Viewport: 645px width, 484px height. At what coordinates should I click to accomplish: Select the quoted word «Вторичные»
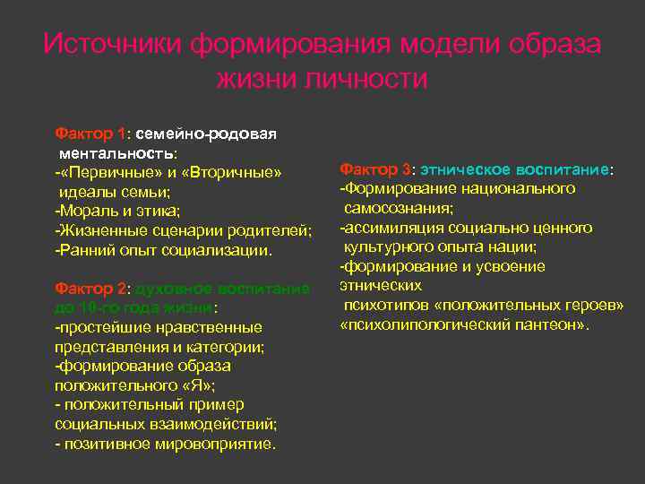coord(235,173)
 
